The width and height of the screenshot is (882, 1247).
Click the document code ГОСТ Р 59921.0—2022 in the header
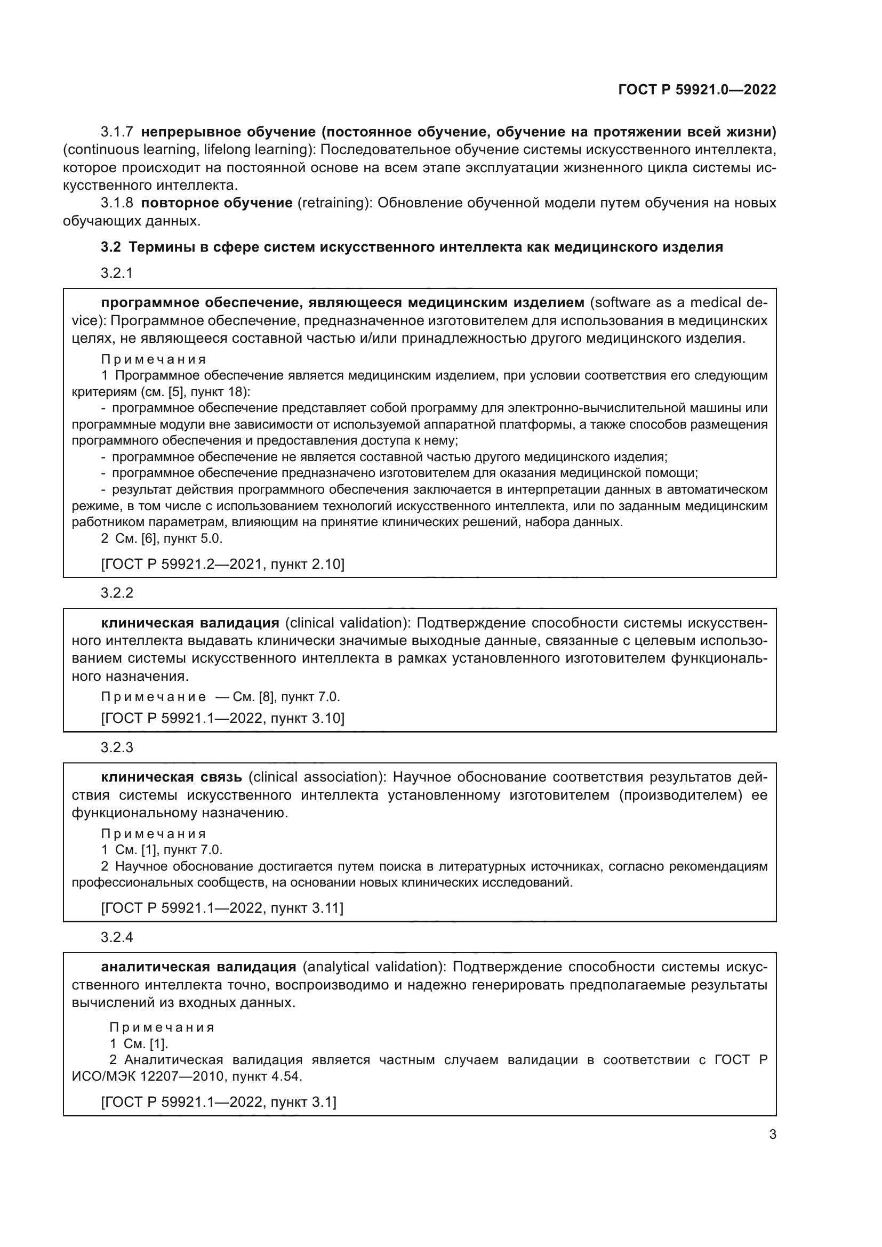coord(697,90)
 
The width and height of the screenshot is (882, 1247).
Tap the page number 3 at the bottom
coord(772,1134)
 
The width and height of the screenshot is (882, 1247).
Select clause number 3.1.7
coord(117,132)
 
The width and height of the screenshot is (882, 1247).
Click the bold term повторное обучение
coord(217,203)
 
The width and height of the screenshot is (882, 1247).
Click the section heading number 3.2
coord(110,247)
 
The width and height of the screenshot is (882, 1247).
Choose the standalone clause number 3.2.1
coord(117,272)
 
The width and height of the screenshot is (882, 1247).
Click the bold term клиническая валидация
coord(190,622)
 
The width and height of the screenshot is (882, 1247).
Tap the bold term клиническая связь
coord(172,777)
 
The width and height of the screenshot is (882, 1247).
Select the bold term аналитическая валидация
coord(199,967)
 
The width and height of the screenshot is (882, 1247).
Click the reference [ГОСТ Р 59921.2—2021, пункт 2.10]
coord(223,564)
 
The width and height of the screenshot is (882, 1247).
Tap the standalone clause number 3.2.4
coord(117,937)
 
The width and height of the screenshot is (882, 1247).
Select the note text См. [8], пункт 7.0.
coord(286,697)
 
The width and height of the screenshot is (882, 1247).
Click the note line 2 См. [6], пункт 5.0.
coord(162,538)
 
